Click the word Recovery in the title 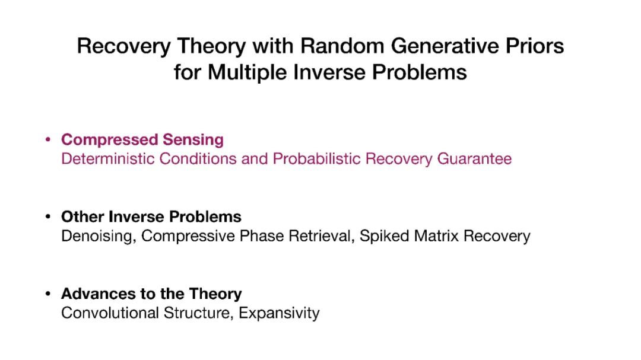tap(124, 46)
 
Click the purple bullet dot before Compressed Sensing tap(48, 140)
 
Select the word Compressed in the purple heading tap(109, 140)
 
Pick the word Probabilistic tap(316, 158)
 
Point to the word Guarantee tap(474, 159)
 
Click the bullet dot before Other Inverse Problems tap(48, 216)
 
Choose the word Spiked tap(384, 236)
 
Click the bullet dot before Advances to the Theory tap(48, 294)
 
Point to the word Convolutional tap(110, 313)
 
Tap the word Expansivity tap(279, 313)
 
